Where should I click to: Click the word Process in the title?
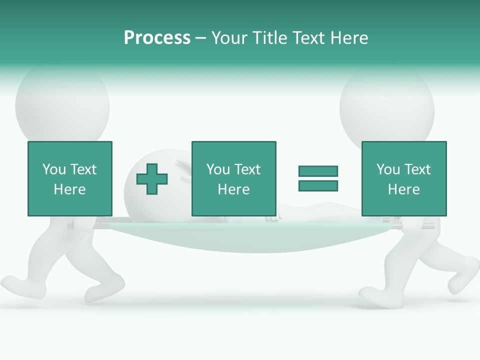coord(157,38)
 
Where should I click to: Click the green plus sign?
coord(152,178)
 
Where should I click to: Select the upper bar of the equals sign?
coord(318,171)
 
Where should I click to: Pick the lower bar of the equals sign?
coord(318,185)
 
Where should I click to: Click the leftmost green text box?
coord(69,178)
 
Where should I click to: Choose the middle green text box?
coord(233,178)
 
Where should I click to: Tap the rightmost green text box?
coord(403,178)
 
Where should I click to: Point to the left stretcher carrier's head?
coord(62,102)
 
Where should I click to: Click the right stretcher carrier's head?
coord(387,105)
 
